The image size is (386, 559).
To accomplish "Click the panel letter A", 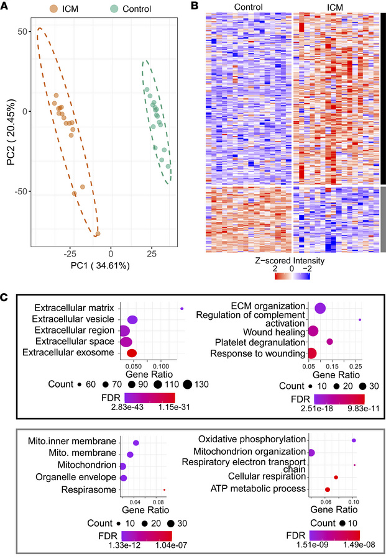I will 5,6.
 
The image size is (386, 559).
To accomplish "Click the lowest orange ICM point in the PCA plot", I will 98,234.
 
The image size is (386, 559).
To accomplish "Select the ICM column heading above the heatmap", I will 336,8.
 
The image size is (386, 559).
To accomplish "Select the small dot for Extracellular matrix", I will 182,308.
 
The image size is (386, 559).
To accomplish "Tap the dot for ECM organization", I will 321,308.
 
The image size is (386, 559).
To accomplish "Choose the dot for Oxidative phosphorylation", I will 354,440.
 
